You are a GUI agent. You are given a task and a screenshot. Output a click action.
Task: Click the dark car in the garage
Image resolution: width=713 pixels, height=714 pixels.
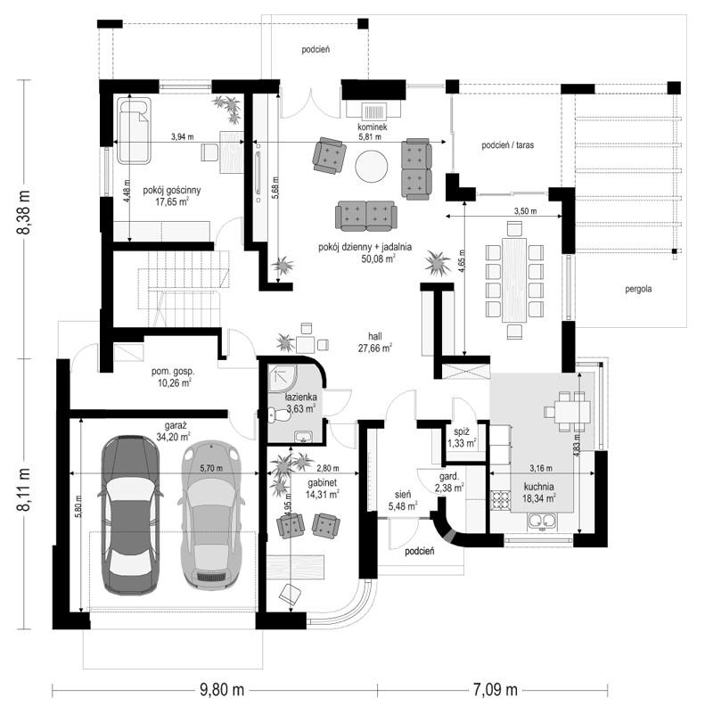coord(131,515)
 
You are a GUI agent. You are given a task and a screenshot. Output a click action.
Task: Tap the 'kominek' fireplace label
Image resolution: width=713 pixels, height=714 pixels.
coord(372,127)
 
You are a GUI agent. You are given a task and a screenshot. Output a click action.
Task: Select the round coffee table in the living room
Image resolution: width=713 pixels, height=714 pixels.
coord(372,166)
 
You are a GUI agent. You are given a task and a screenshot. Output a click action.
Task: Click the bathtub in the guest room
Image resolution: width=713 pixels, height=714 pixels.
coord(134,131)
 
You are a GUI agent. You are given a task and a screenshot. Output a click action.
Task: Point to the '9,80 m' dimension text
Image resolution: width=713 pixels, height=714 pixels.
coord(222,690)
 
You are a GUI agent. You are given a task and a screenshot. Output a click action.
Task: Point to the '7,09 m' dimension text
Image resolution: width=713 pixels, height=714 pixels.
coord(495,690)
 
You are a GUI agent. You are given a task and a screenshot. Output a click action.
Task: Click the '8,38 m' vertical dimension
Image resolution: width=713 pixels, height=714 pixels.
coord(23,212)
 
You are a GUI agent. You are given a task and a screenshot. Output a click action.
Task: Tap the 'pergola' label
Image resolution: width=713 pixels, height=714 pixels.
coord(638,289)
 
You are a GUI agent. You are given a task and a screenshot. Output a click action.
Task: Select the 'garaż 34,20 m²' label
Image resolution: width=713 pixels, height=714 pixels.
coord(173,431)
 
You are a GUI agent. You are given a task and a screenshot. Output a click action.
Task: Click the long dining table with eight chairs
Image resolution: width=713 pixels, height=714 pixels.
coord(514,280)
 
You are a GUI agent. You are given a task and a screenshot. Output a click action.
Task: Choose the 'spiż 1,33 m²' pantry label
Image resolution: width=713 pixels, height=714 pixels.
coord(461,437)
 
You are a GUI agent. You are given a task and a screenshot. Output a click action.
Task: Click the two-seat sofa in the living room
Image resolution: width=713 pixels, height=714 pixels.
coord(366,216)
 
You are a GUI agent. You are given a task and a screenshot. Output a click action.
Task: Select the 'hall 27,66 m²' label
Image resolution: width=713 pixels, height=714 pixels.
coord(375,342)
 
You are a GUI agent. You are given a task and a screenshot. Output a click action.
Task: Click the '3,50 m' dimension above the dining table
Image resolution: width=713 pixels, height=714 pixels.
coord(525,211)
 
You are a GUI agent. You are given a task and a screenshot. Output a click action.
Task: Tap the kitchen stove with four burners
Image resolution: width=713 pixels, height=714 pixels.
coord(501,500)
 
